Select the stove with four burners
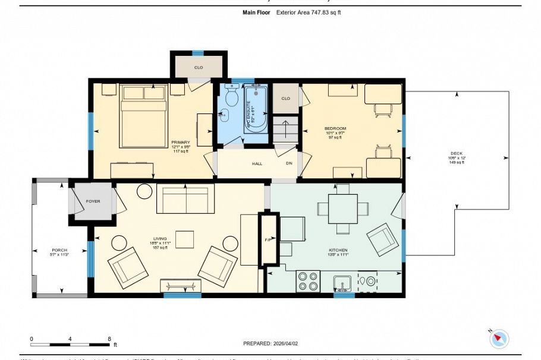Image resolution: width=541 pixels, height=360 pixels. click(308, 281)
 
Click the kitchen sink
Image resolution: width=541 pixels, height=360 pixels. click(341, 281)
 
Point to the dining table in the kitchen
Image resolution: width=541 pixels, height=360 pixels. click(342, 209)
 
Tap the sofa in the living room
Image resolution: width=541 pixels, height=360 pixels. click(185, 199)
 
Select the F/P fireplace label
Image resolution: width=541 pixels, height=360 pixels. click(268, 239)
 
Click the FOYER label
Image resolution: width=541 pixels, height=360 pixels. click(93, 201)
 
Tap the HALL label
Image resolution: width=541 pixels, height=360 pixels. click(257, 163)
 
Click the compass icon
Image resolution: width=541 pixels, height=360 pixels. click(499, 338)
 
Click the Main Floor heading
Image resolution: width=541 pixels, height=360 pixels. click(257, 12)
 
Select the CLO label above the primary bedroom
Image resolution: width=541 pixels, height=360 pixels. click(199, 67)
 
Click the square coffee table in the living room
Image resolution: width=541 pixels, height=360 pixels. click(185, 239)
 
